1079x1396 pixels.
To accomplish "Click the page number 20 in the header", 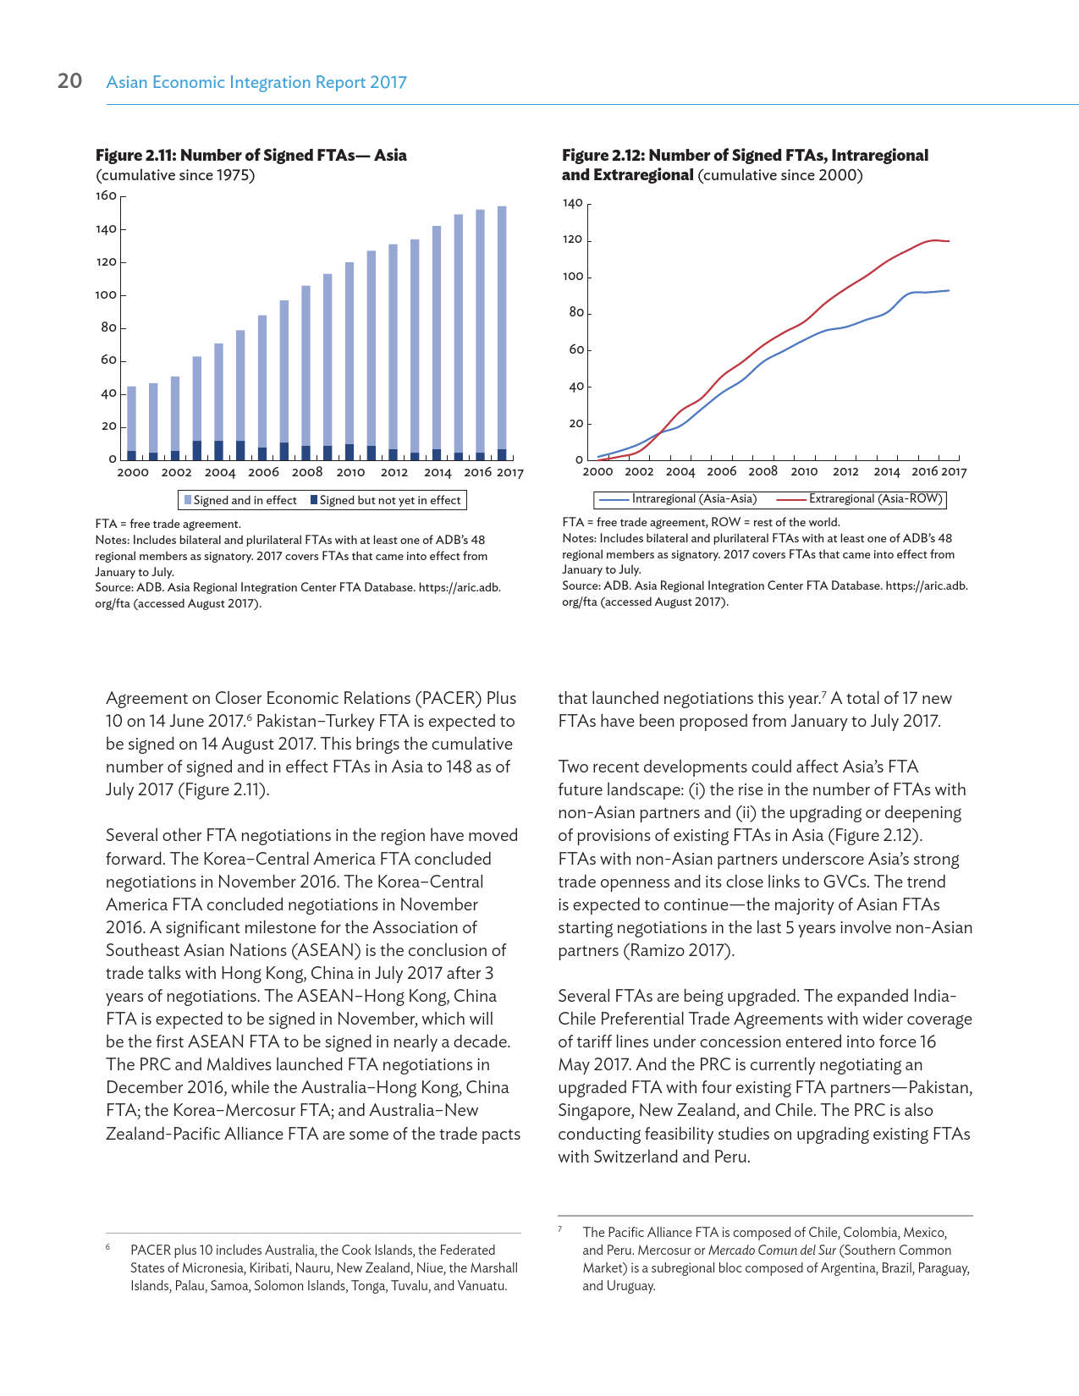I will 69,81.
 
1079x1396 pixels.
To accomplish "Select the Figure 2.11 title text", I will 250,156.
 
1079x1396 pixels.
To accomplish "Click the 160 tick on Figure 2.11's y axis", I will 106,196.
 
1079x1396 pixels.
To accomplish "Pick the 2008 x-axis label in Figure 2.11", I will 307,473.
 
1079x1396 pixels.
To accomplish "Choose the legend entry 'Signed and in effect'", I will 240,500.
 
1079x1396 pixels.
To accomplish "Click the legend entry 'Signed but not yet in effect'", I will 386,500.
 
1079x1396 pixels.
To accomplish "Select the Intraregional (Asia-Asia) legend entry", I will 677,499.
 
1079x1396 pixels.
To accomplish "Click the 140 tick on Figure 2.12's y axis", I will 572,204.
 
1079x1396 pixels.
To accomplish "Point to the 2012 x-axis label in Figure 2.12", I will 845,472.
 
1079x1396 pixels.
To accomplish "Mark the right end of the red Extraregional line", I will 949,241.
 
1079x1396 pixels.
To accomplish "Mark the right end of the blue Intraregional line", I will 949,290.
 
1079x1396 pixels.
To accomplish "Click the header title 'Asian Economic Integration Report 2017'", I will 256,82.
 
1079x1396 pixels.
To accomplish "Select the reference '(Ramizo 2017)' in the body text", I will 679,950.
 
